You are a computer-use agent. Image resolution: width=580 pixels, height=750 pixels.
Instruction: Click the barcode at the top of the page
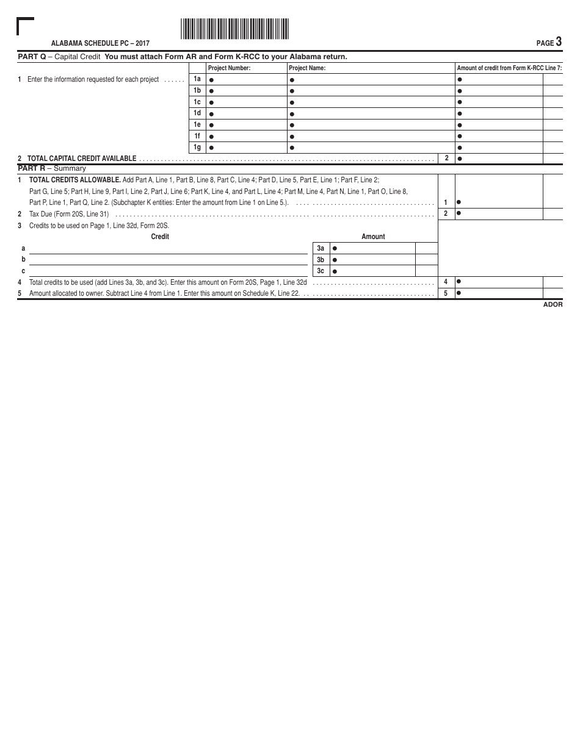tap(234, 29)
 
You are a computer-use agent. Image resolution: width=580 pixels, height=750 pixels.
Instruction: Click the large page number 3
tap(559, 42)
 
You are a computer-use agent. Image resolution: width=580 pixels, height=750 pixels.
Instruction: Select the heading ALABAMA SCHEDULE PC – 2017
tap(100, 44)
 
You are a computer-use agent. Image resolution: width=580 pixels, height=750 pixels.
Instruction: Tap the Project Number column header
tap(230, 68)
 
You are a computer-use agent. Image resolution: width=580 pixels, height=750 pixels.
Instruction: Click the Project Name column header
tap(307, 68)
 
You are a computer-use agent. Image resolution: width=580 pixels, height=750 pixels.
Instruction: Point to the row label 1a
tap(197, 79)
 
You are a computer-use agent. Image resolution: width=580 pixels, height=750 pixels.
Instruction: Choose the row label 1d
tap(197, 113)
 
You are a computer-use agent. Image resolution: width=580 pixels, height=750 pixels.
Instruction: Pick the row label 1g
tap(197, 148)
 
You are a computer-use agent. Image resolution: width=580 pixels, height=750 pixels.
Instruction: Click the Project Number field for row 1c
tap(247, 102)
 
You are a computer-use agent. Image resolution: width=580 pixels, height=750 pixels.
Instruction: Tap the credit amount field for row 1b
tap(499, 91)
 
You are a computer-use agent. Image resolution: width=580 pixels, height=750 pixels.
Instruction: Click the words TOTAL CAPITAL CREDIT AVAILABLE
tap(82, 159)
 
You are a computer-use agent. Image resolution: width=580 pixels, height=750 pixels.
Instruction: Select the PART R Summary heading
tap(52, 168)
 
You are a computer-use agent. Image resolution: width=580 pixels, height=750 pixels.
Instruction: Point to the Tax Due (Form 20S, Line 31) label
tap(69, 214)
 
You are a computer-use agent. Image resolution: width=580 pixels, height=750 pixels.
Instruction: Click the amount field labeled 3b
tap(372, 260)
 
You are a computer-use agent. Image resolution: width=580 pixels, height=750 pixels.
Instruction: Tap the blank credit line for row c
tap(168, 271)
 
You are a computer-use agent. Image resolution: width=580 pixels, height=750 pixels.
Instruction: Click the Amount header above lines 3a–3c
tap(373, 237)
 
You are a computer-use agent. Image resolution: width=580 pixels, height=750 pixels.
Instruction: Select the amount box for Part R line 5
tap(499, 293)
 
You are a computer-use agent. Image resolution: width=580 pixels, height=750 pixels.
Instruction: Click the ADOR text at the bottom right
tap(553, 304)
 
